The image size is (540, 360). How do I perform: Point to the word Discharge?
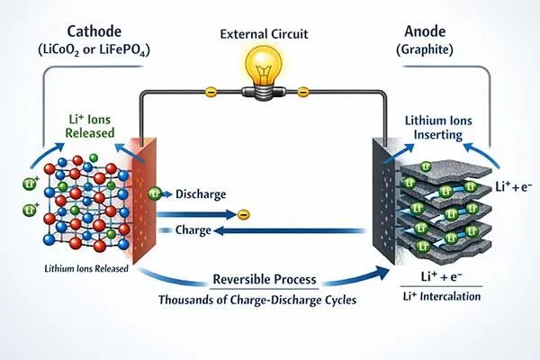click(200, 193)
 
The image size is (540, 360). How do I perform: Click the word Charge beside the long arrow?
click(192, 230)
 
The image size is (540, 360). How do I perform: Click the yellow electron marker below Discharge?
click(242, 214)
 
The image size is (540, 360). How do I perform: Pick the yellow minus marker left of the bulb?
click(211, 91)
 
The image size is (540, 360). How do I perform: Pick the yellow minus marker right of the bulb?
click(303, 91)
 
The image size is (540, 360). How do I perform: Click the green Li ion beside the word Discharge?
click(155, 193)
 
